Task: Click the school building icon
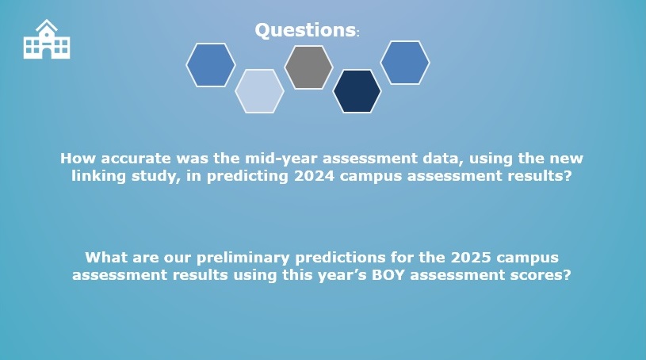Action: (47, 39)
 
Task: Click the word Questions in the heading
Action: (305, 30)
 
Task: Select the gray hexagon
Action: (308, 67)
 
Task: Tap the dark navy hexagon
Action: (357, 91)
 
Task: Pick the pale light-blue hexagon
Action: (259, 91)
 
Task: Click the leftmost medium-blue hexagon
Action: (211, 65)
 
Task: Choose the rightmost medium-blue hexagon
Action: (405, 63)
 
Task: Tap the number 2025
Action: (471, 258)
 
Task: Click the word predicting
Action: (247, 177)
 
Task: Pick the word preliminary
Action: (243, 259)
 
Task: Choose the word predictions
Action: (340, 259)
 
